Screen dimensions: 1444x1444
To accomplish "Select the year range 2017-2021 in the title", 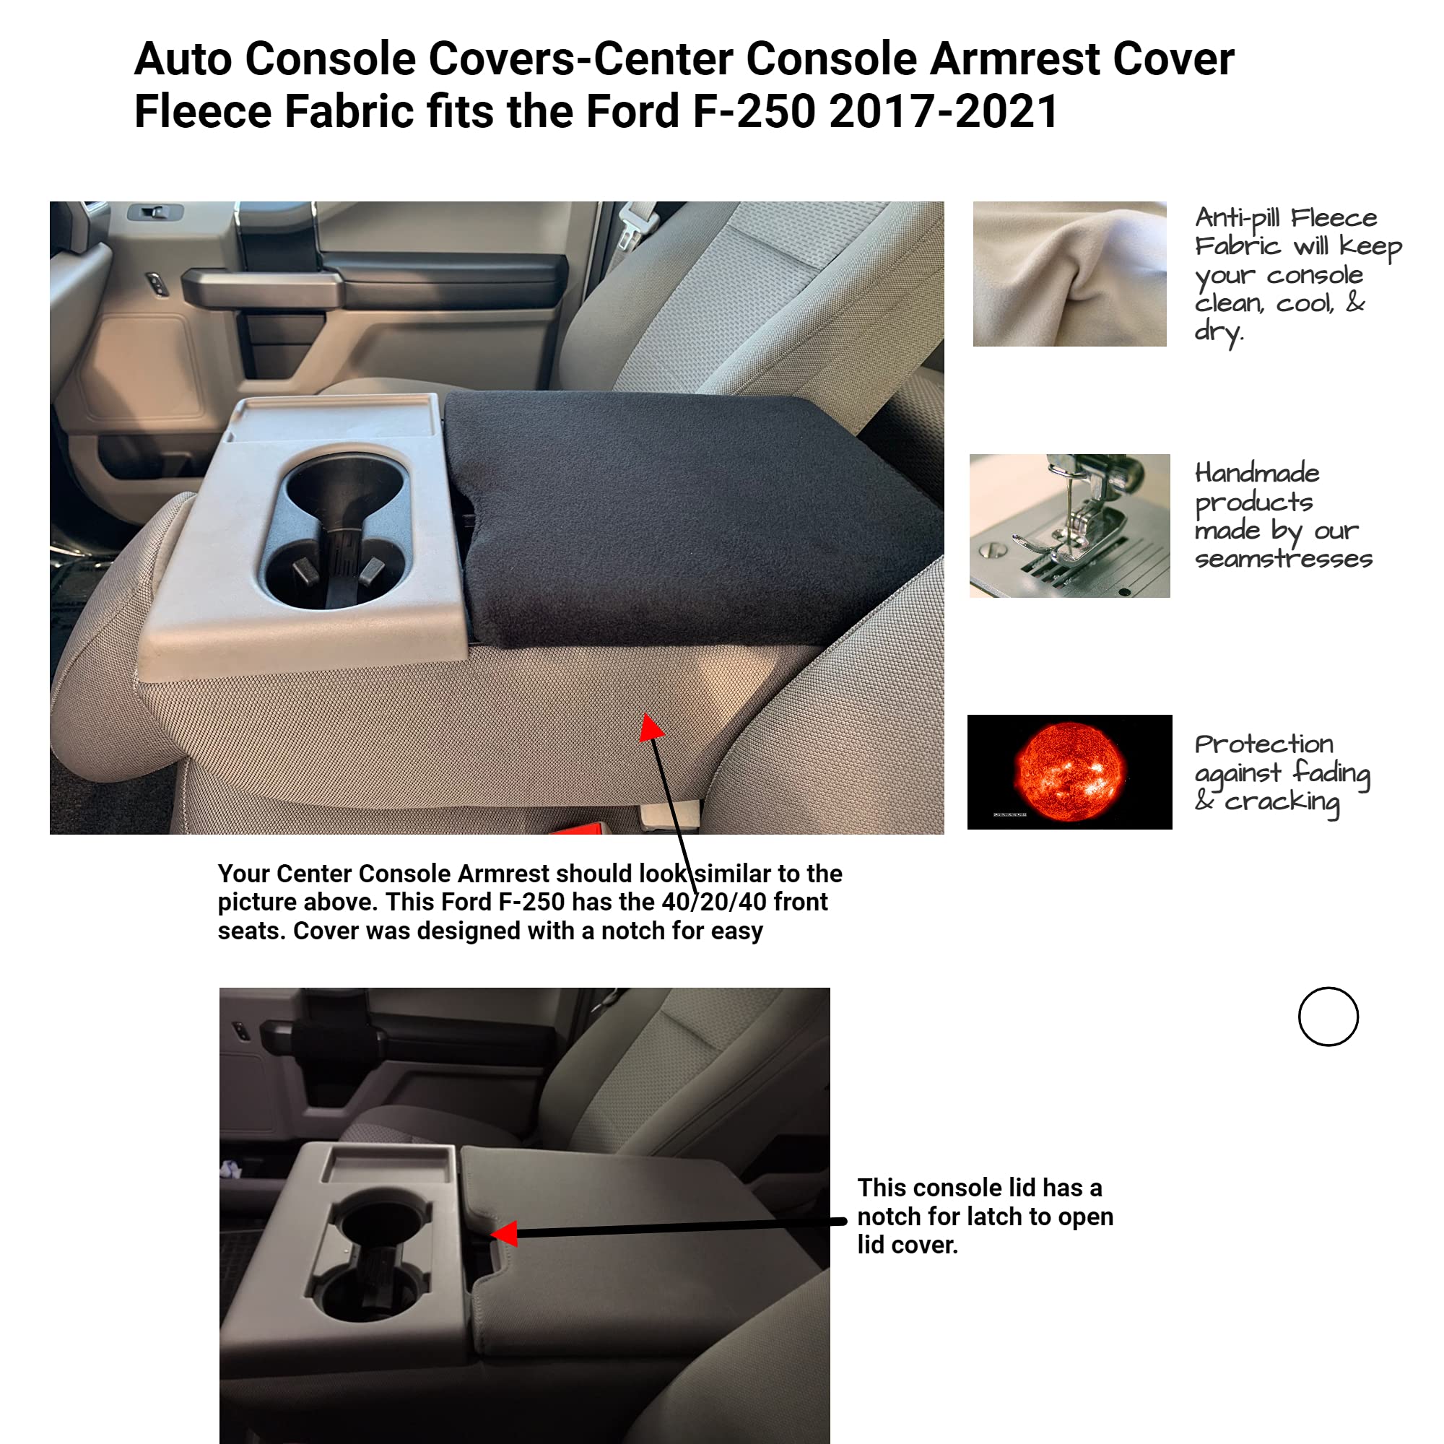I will coord(943,111).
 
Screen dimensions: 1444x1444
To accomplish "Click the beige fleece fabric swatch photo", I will coord(1069,274).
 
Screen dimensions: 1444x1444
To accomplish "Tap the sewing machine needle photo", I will coord(1069,526).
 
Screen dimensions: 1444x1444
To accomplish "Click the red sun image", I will coord(1069,771).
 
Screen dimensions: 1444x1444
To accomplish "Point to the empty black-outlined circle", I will coord(1328,1017).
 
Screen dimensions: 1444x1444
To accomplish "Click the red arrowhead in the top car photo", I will coord(651,728).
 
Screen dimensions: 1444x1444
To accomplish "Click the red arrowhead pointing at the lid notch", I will coord(506,1233).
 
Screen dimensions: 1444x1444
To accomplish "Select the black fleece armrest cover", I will coord(687,516).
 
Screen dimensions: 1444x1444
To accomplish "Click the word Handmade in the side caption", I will coord(1257,473).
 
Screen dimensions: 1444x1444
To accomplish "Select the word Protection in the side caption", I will coord(1263,744).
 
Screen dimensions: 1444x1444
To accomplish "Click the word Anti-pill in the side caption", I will coord(1237,218).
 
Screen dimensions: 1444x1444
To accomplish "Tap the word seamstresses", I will coord(1283,559).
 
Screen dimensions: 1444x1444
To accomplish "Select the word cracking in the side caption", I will coord(1282,802).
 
